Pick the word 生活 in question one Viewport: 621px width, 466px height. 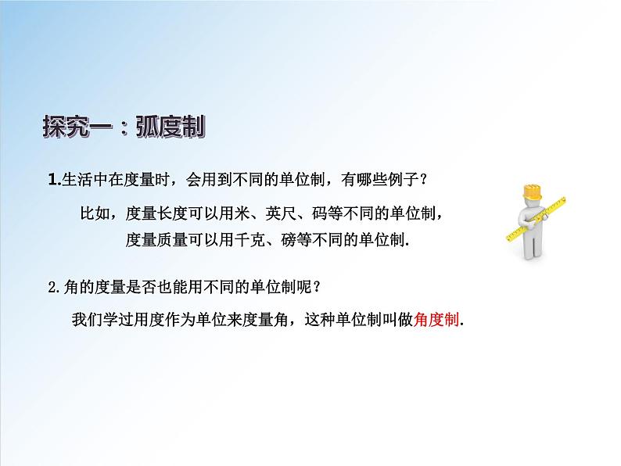[x=75, y=181]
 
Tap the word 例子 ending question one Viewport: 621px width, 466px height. [x=404, y=181]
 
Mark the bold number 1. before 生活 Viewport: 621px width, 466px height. [x=53, y=181]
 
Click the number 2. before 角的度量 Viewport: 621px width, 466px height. [x=53, y=286]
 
